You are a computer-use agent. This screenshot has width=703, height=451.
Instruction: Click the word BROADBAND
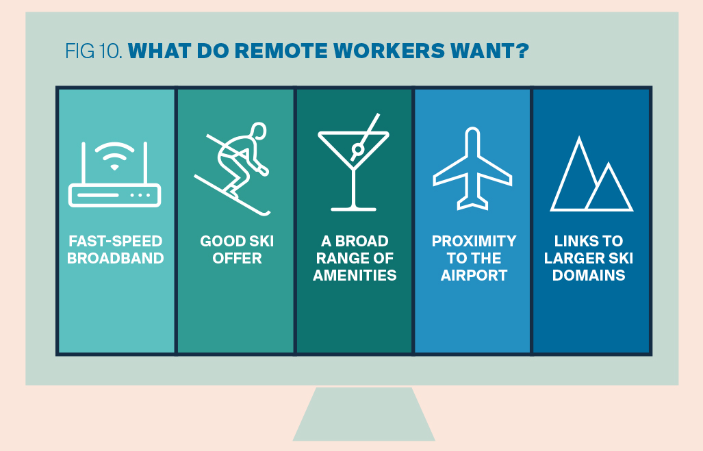pos(115,258)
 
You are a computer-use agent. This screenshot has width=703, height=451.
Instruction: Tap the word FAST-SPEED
pos(115,241)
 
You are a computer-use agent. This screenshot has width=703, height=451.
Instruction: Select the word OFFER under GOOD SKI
pos(237,258)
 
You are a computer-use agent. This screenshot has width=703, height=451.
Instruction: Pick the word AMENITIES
pos(355,275)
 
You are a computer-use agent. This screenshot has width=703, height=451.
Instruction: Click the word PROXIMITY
pos(474,241)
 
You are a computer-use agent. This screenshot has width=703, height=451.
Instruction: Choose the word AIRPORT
pos(474,275)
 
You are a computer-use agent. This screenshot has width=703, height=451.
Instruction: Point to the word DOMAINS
pos(589,275)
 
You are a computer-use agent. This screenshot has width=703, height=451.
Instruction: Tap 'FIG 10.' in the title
pos(94,51)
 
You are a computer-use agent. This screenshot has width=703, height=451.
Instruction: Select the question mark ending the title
pos(522,51)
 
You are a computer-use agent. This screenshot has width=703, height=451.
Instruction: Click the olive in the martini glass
pos(357,149)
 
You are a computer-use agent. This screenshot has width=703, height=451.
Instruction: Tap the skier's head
pos(258,131)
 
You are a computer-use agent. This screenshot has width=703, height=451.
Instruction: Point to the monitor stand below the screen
pos(363,414)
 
